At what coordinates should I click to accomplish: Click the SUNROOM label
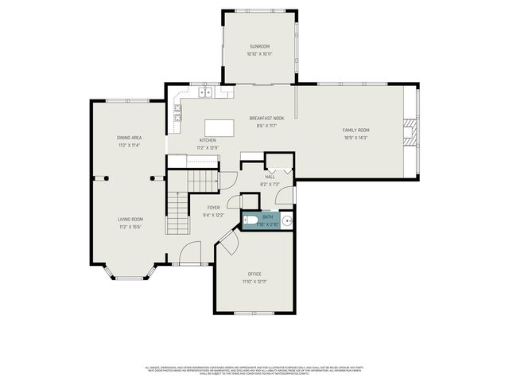[259, 47]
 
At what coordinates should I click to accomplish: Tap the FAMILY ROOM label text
[356, 131]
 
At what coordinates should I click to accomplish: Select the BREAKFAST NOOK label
[266, 118]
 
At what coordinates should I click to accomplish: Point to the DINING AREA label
[129, 138]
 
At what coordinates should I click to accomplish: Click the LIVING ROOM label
[130, 219]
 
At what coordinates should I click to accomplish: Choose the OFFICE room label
[254, 274]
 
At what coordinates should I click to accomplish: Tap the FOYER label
[214, 208]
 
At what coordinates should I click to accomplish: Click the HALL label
[270, 177]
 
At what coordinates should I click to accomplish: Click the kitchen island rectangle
[220, 128]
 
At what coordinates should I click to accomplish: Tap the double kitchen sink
[206, 92]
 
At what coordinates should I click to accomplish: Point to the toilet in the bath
[250, 219]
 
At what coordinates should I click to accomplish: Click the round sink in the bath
[287, 221]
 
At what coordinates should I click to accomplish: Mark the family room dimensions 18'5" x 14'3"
[356, 138]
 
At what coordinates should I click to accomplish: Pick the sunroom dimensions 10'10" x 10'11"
[259, 54]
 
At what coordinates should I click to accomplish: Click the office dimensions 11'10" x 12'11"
[254, 282]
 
